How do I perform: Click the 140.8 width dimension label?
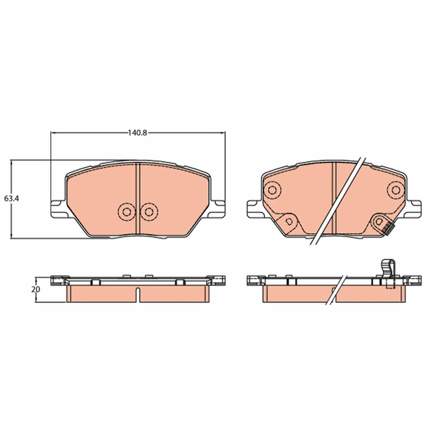point(138,133)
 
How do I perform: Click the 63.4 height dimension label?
point(11,199)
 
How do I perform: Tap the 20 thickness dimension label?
point(35,289)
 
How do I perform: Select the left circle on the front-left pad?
point(126,211)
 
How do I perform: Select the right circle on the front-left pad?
point(149,211)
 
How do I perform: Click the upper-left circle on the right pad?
point(272,190)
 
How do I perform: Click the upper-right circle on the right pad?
point(396,190)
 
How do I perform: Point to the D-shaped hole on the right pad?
point(289,222)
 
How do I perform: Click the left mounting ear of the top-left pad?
point(58,209)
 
